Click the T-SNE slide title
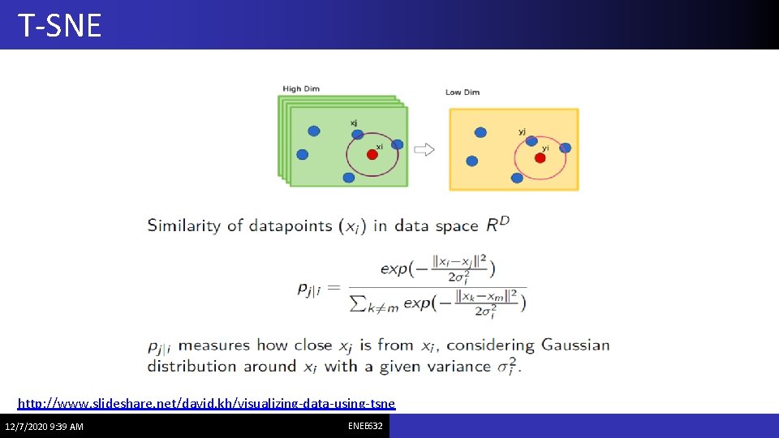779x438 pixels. click(59, 26)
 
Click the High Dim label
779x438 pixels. click(301, 88)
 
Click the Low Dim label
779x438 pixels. click(463, 92)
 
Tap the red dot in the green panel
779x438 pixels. click(372, 154)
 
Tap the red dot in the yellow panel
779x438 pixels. click(540, 157)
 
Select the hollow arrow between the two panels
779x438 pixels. click(424, 149)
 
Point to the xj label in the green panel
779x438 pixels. click(354, 122)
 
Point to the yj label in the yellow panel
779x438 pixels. click(522, 131)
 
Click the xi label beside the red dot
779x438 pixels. click(379, 146)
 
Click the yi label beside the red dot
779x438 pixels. click(545, 148)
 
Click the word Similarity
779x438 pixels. click(183, 225)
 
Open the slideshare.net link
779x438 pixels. click(207, 403)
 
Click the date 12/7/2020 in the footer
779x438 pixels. click(24, 427)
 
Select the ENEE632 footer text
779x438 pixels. click(365, 426)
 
